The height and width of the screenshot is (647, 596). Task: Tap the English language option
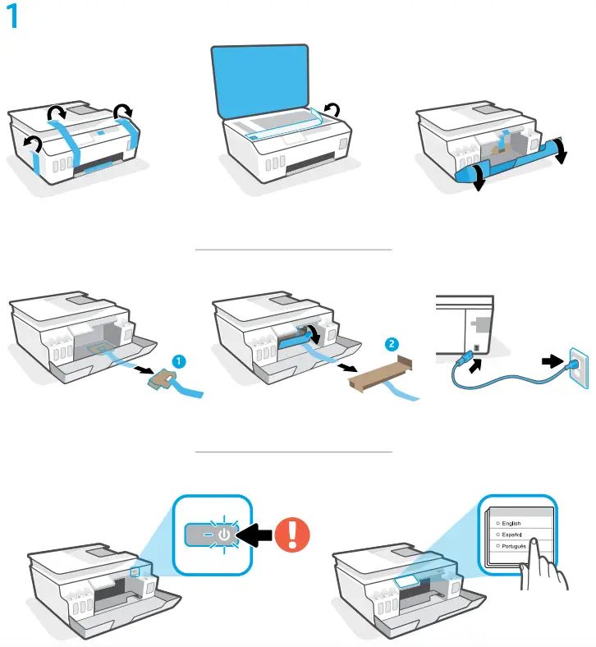click(511, 523)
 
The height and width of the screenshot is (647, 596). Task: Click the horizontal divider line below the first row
click(293, 249)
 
